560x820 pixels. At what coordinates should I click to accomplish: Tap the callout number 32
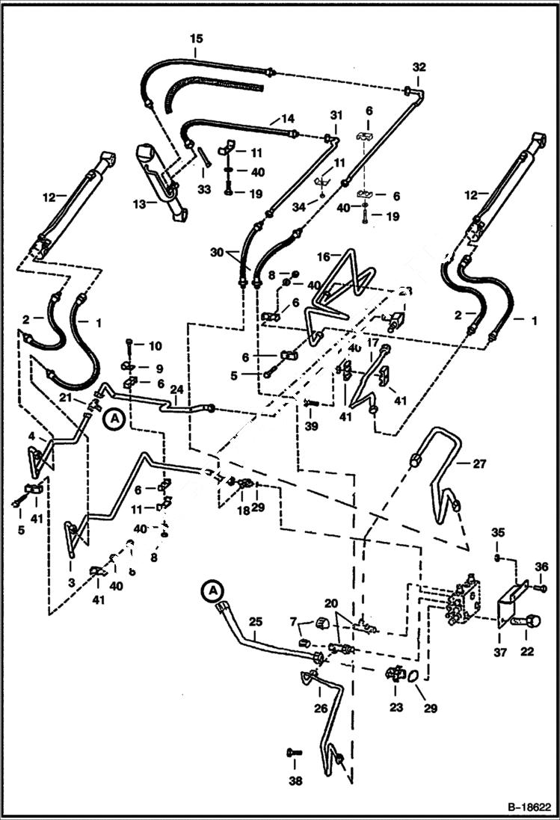(418, 67)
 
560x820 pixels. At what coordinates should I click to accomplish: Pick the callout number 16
(324, 256)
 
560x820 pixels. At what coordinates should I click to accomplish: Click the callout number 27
(480, 463)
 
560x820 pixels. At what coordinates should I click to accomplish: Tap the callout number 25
(255, 621)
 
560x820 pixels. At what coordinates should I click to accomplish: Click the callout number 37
(500, 652)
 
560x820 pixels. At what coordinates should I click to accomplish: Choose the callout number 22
(527, 652)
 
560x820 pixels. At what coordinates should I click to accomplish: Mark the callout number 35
(499, 532)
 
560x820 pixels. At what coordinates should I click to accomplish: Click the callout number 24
(176, 389)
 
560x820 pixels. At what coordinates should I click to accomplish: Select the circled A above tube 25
(213, 590)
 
